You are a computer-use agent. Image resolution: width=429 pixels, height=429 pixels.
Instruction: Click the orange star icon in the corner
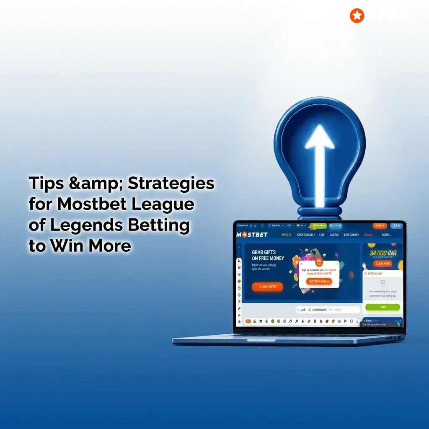point(357,16)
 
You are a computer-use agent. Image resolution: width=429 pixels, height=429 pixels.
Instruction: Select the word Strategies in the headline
point(171,183)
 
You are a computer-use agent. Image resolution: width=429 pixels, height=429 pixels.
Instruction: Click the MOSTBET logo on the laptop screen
point(252,235)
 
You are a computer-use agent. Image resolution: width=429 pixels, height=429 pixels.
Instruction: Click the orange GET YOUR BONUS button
point(319,282)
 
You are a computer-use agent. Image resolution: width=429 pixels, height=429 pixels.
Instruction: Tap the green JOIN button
point(382,307)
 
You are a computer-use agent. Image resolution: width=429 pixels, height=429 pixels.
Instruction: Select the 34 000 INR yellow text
point(383,253)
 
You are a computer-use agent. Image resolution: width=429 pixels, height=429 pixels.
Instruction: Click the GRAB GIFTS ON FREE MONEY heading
point(268,256)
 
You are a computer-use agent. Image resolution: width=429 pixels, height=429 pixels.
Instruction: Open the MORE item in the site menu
point(387,235)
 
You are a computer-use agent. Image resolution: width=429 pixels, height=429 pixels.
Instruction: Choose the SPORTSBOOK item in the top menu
point(305,235)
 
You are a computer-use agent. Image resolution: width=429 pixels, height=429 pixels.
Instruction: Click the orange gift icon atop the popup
point(319,262)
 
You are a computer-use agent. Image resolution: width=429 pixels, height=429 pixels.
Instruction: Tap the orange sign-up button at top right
point(380,226)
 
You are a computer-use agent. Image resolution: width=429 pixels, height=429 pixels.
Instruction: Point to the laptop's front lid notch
point(258,340)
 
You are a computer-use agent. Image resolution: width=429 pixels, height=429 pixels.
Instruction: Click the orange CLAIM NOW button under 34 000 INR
point(383,264)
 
